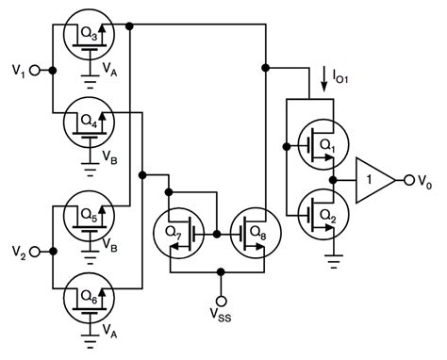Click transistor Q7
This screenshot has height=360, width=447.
click(177, 232)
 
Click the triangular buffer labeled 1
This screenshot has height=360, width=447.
click(372, 179)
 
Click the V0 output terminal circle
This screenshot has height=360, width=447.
click(408, 179)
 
